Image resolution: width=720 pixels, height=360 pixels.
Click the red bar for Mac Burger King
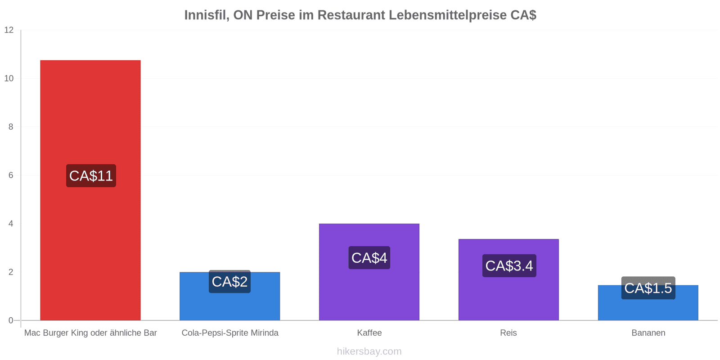pos(90,190)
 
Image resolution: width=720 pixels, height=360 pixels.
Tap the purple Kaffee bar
pos(369,272)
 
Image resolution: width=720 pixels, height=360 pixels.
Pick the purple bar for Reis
pos(508,279)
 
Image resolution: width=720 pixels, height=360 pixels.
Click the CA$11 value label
pos(91,176)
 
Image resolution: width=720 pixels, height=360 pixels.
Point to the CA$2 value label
pos(229,282)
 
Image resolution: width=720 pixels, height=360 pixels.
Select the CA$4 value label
pos(369,258)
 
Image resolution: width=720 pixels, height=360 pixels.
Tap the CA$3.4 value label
pos(509,266)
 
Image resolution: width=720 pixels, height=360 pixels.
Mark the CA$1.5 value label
pos(648,288)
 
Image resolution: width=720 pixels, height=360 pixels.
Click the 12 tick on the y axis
pos(9,30)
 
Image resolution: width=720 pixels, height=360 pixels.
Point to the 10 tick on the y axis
pos(9,78)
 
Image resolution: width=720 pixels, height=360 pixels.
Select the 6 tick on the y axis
pos(11,175)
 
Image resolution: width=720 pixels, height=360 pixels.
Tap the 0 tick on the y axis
pos(11,320)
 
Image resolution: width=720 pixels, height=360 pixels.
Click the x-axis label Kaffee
pos(369,333)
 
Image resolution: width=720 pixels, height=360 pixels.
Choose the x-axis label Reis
pos(508,333)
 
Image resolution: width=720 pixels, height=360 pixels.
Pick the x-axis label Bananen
pos(648,333)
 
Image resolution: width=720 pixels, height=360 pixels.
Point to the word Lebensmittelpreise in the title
pos(447,15)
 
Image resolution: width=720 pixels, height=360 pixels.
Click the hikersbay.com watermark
pos(369,351)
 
